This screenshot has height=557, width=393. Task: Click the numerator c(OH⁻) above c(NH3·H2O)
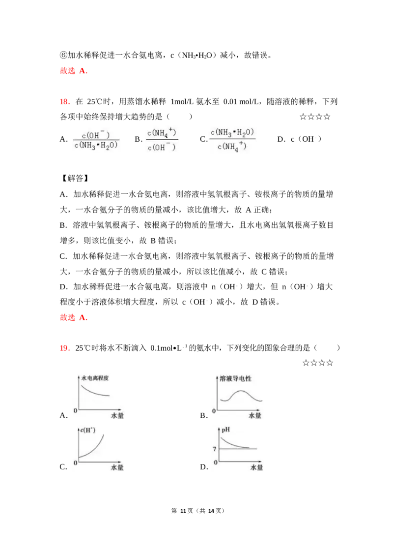tap(96, 134)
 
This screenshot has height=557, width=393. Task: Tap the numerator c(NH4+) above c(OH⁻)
tap(161, 132)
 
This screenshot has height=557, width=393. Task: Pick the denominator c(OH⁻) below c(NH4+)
tap(161, 146)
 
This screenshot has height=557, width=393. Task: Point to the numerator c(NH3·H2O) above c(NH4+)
tap(233, 133)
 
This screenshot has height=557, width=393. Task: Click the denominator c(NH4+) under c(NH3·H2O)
tap(233, 147)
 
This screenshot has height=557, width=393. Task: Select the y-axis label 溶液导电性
tap(233, 379)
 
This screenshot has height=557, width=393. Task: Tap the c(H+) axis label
tap(87, 431)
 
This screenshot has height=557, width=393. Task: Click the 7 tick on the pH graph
tap(214, 449)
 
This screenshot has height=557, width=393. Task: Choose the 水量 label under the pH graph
tap(257, 467)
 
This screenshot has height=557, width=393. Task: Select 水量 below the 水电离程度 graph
tap(117, 416)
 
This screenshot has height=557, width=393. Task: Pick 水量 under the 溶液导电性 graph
tap(255, 416)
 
